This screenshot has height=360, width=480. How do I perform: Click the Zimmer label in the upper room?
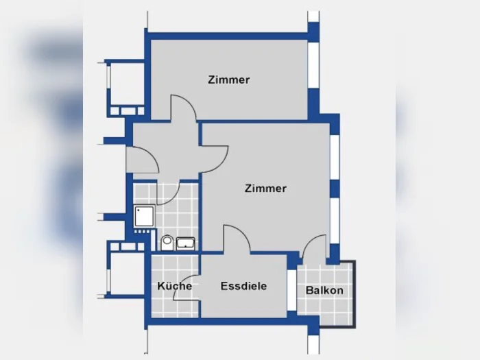(228, 80)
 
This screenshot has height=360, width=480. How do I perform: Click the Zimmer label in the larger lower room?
(265, 189)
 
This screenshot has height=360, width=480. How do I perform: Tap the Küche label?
(174, 286)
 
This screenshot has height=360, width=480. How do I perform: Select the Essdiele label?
(243, 286)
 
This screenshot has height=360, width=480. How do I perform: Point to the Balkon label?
(324, 290)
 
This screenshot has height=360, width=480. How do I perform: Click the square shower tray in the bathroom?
(144, 216)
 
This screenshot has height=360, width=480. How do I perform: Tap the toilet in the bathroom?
(167, 243)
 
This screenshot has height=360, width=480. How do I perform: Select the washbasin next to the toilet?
(186, 243)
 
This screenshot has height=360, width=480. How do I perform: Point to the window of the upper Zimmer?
(313, 65)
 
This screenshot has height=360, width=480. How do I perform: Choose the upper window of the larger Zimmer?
(335, 157)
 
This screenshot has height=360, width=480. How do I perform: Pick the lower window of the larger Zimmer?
(335, 221)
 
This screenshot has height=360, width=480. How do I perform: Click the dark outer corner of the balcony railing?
(355, 326)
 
